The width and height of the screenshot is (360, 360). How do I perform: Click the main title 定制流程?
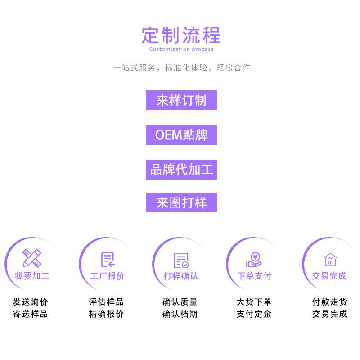(181, 35)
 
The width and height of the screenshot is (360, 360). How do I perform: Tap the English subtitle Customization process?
(181, 49)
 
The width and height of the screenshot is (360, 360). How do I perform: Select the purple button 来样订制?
(181, 100)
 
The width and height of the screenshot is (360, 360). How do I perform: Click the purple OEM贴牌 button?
(181, 135)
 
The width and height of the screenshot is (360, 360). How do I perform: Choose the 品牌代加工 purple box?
(181, 170)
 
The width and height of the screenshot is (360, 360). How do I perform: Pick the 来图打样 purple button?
(181, 202)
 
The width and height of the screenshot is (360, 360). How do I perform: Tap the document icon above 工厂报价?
(108, 259)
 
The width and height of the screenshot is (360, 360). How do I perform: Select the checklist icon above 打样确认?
(181, 260)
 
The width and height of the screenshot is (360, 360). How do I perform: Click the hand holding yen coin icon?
(254, 260)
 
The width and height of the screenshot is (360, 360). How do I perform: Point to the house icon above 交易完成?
(330, 259)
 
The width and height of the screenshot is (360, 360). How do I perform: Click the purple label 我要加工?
(32, 276)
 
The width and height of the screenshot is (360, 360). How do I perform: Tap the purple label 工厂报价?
(108, 276)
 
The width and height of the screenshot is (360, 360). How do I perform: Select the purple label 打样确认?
(181, 276)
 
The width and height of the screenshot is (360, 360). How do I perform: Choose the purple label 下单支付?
(254, 276)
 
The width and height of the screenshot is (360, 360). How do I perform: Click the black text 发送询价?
(31, 302)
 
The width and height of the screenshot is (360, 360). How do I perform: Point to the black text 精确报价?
(106, 314)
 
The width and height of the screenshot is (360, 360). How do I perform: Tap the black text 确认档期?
(180, 314)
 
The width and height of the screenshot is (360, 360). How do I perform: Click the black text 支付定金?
(254, 314)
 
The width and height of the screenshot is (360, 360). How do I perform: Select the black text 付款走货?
(330, 302)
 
